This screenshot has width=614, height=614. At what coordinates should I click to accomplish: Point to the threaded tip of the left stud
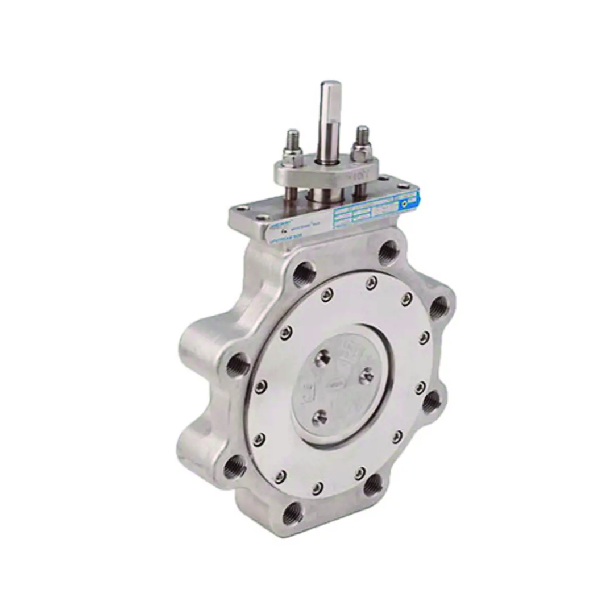point(293,136)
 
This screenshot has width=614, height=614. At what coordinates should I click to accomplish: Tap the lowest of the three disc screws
point(321,417)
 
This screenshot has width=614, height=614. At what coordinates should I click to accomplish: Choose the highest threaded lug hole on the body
point(388,250)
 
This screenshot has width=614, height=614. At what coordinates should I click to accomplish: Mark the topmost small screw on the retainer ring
point(371,281)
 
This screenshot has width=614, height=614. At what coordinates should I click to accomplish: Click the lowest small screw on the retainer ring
point(317,487)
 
